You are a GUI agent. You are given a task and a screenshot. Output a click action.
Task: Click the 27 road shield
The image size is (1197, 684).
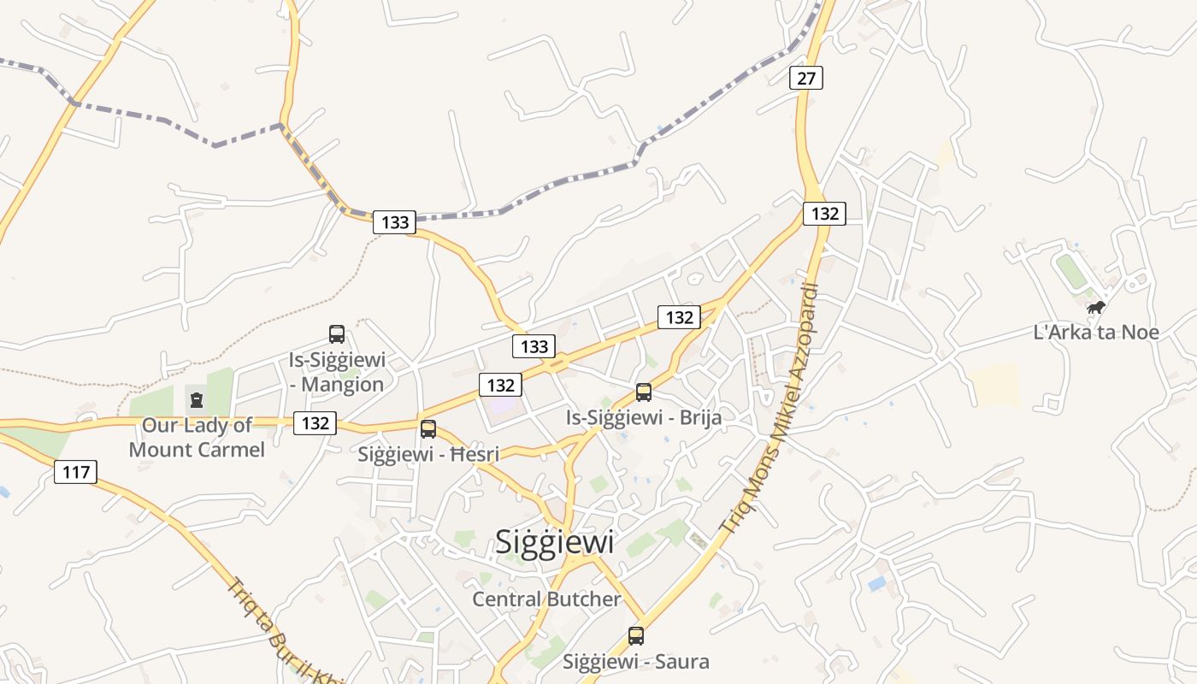(x=805, y=78)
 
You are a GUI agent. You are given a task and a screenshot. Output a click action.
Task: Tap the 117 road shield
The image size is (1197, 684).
(x=76, y=471)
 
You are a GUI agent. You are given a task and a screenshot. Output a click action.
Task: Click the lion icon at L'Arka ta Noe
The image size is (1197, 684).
(x=1096, y=307)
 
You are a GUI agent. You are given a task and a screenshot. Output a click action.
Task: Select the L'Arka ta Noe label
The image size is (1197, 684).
(x=1096, y=332)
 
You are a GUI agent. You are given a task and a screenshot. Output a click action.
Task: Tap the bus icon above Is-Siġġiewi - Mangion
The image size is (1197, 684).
(x=337, y=334)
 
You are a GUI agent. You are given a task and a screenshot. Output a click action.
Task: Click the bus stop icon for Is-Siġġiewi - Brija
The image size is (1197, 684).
(x=644, y=392)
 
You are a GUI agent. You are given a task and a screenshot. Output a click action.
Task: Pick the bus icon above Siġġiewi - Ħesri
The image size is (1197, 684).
(x=428, y=429)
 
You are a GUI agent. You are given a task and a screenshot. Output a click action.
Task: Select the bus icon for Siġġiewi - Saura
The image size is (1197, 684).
(x=636, y=636)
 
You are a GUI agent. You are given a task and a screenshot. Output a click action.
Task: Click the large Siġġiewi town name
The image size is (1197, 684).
(x=555, y=541)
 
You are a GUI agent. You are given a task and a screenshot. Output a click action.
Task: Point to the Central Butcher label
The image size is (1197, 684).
(x=547, y=599)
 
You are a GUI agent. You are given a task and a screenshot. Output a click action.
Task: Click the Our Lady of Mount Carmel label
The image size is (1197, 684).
(x=198, y=436)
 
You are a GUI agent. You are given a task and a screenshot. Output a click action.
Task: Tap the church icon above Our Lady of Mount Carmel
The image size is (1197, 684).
(x=198, y=399)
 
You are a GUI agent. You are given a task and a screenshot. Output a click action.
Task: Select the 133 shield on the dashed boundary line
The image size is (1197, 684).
(x=394, y=222)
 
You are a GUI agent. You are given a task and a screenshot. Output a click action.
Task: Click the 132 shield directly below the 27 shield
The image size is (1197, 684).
(x=824, y=213)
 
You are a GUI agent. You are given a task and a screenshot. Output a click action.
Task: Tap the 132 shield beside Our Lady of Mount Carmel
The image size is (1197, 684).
(x=315, y=422)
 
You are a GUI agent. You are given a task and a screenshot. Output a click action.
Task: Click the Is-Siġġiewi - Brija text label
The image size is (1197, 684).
(x=644, y=417)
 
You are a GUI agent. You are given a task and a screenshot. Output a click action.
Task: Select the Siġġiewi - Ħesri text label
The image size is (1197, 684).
(x=428, y=454)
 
